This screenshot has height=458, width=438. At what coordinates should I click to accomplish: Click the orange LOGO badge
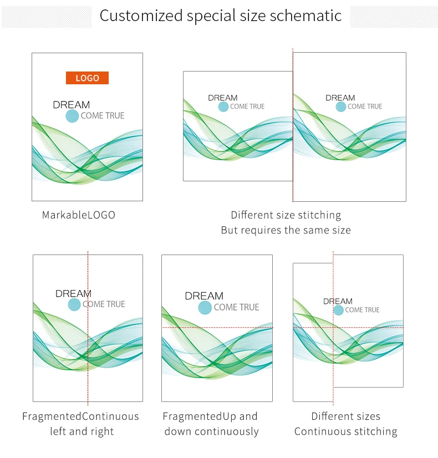point(87,78)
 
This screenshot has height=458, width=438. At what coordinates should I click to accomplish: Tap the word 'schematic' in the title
point(305,16)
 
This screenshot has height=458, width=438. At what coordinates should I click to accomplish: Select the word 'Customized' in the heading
point(141,16)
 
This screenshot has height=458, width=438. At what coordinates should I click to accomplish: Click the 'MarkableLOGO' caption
point(79,215)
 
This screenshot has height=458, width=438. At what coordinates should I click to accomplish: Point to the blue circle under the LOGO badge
point(72,116)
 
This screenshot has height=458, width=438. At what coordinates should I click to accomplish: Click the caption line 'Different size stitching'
point(286,215)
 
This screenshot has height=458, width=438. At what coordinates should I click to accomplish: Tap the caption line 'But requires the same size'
point(286,230)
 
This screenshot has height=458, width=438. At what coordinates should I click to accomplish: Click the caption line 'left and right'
point(82,431)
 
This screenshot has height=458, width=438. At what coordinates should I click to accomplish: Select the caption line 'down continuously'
point(211,431)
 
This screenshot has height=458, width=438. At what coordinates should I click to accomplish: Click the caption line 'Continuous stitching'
point(346,431)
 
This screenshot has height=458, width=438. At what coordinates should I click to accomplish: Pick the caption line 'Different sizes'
point(346,416)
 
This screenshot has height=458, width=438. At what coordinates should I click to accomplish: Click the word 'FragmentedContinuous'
point(80,416)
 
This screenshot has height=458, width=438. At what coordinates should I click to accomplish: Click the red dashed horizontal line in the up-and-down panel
point(217,328)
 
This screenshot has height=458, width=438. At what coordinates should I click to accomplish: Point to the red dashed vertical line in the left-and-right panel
point(88,328)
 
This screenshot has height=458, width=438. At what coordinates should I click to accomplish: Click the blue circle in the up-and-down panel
point(205,308)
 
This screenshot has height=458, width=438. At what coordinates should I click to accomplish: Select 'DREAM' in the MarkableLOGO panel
point(72,105)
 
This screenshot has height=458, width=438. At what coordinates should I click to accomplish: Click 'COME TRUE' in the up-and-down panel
point(237,307)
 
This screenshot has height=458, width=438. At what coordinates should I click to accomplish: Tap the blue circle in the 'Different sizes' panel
point(338,310)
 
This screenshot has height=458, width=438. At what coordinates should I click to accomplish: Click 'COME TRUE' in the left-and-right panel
point(104,304)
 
